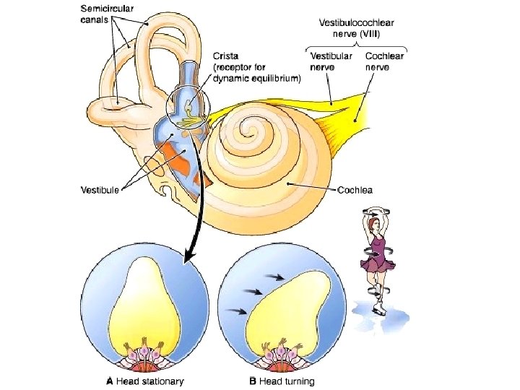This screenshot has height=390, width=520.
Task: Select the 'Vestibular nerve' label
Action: tap(331, 61)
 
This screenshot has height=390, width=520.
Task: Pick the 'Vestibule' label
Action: tap(100, 191)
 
